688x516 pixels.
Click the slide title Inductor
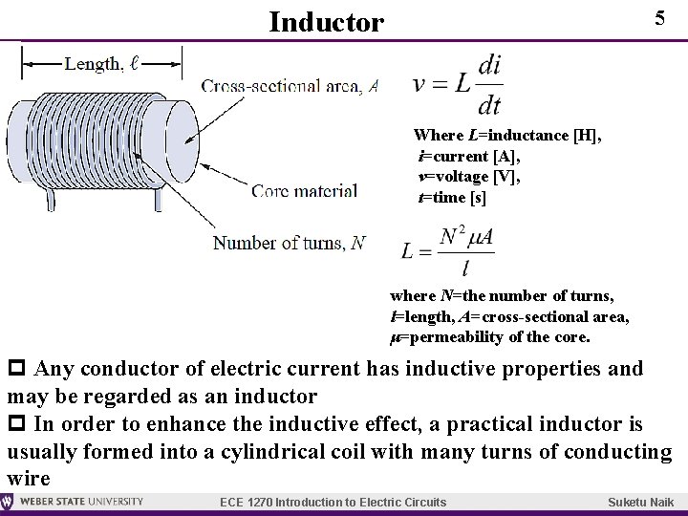[326, 21]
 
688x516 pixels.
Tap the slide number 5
[658, 19]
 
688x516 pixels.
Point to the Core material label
[305, 191]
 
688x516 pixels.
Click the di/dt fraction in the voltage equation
[488, 84]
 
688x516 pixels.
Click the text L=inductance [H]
[507, 136]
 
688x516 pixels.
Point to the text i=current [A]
[468, 157]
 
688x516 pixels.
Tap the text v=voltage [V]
[469, 177]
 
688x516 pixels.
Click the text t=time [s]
[452, 198]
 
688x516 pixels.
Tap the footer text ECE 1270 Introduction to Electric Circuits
[333, 503]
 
